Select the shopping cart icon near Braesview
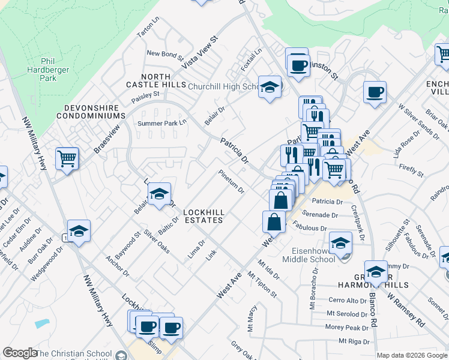tap(67, 159)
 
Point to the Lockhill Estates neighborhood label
tap(203, 216)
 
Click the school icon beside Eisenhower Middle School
tap(340, 243)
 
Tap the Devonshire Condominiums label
tap(91, 115)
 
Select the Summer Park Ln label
tap(163, 123)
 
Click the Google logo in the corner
tap(20, 353)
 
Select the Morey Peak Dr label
tap(347, 328)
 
